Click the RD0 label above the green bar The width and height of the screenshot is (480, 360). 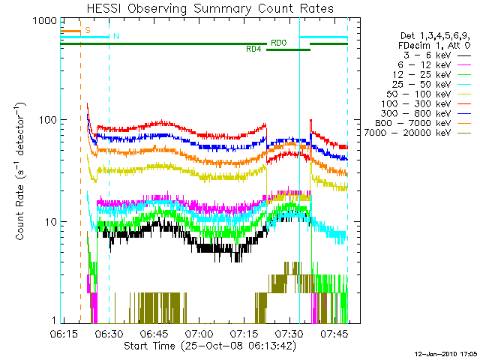(x=278, y=43)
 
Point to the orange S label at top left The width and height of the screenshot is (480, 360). (x=88, y=30)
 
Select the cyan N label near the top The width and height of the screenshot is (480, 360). (x=116, y=36)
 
